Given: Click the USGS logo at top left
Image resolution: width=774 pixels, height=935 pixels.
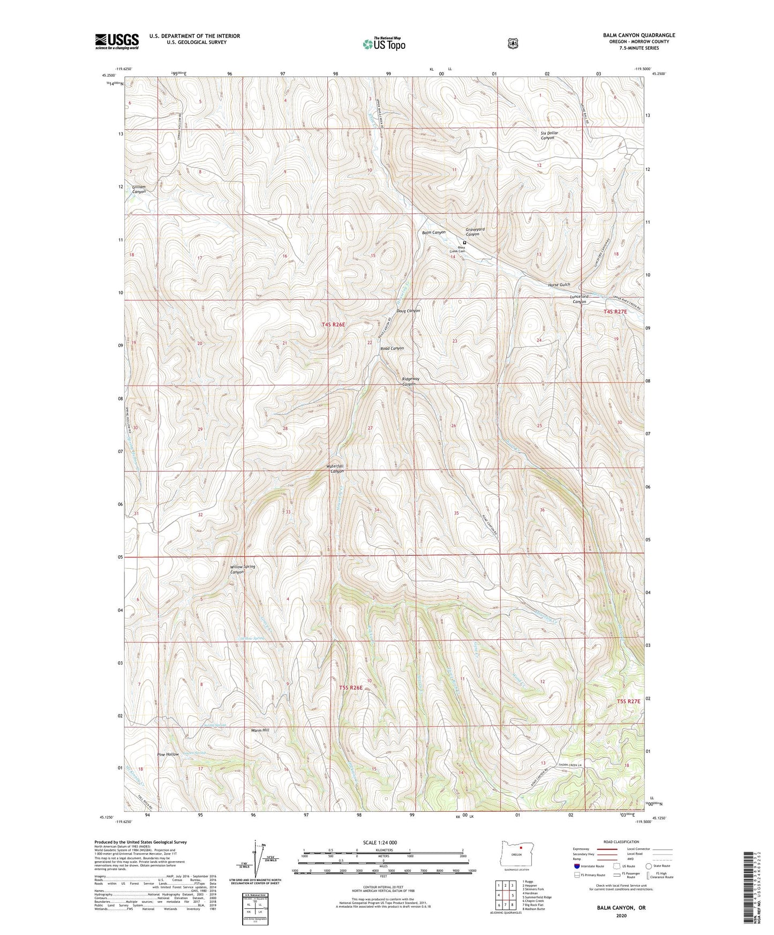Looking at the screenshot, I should click(117, 41).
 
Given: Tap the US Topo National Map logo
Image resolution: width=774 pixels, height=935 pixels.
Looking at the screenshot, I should click(384, 44).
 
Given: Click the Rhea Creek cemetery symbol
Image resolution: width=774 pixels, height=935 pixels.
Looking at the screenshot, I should click(464, 242).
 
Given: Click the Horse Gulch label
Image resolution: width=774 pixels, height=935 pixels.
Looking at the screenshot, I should click(559, 285).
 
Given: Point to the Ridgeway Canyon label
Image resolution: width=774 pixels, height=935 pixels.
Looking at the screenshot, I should click(410, 381).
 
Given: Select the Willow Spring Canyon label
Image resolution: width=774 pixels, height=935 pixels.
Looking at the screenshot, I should click(242, 569).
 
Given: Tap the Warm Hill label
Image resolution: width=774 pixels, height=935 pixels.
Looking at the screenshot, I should click(260, 730).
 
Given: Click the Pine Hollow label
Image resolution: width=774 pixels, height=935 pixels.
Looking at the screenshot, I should click(168, 754).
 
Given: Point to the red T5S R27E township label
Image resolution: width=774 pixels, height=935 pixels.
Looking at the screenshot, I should click(628, 701).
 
